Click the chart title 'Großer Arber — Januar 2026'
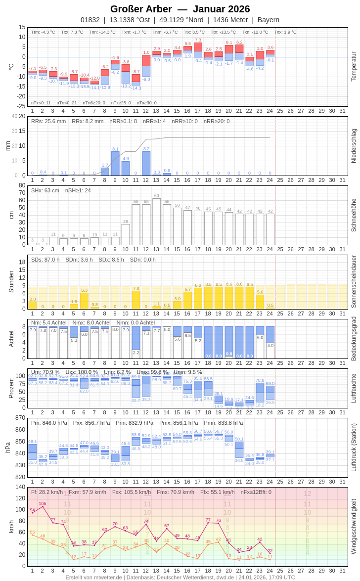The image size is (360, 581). (180, 9)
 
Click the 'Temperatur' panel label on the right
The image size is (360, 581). (354, 66)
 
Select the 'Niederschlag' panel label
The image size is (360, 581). (354, 146)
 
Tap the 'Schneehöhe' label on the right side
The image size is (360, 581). (354, 215)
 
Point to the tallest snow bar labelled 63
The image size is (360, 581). (156, 222)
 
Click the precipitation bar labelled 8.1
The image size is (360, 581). (115, 164)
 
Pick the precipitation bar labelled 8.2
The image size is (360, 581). (146, 164)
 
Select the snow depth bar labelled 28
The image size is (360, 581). (126, 234)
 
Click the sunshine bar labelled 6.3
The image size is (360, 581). (84, 301)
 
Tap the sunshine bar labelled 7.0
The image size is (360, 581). (136, 300)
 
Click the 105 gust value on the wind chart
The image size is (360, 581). (43, 504)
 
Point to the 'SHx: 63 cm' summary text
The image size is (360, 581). (45, 190)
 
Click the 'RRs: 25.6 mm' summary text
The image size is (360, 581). (48, 121)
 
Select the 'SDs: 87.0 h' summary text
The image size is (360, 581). (45, 260)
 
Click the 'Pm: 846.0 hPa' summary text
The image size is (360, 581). (49, 423)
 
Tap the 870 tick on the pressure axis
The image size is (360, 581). (20, 418)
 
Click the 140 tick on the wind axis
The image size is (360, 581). (20, 487)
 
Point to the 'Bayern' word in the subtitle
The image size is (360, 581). (269, 20)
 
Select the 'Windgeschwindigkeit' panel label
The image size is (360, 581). (354, 526)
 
